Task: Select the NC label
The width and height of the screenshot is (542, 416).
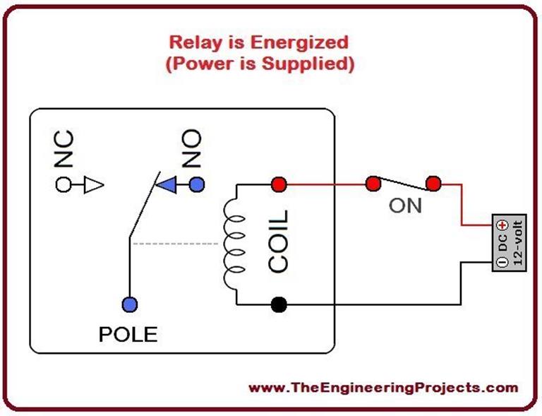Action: (x=64, y=147)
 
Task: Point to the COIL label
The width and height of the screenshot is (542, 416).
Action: (x=279, y=241)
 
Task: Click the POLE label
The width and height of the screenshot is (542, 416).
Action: (x=128, y=334)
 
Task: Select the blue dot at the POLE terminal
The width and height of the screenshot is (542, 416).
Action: (x=129, y=304)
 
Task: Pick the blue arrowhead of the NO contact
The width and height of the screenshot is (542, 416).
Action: (x=167, y=185)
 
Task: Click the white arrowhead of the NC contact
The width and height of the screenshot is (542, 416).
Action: (x=94, y=185)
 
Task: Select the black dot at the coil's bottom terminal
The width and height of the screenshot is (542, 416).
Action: (x=279, y=305)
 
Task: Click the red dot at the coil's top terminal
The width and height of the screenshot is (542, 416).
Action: (x=279, y=185)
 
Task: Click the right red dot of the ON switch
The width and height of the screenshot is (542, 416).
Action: (x=433, y=185)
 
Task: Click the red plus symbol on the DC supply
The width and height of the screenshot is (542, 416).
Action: (x=502, y=225)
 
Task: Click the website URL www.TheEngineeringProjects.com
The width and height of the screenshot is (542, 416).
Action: (x=383, y=388)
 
